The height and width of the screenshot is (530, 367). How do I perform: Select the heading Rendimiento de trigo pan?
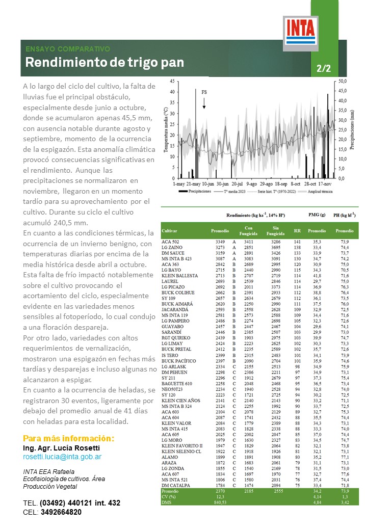[x=104, y=63]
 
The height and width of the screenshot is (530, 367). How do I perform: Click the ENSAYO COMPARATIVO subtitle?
[x=68, y=49]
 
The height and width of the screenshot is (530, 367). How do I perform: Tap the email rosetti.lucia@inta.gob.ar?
[x=62, y=457]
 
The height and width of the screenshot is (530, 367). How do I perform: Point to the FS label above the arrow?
[x=204, y=93]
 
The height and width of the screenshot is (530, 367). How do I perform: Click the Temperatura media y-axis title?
[x=166, y=130]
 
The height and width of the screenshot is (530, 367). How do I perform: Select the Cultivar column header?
[x=170, y=231]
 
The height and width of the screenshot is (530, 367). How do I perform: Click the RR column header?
[x=297, y=231]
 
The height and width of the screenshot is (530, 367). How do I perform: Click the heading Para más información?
[x=69, y=439]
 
